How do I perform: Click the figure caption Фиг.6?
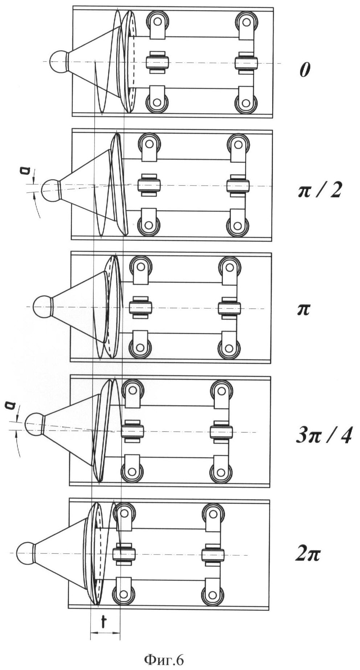pyautogui.click(x=164, y=659)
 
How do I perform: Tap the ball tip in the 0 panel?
pyautogui.click(x=58, y=61)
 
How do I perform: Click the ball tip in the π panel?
pyautogui.click(x=42, y=306)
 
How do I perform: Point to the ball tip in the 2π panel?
pyautogui.click(x=26, y=553)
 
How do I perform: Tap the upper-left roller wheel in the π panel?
pyautogui.click(x=140, y=266)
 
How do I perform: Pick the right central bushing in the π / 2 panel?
pyautogui.click(x=238, y=186)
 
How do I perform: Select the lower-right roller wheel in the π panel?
pyautogui.click(x=229, y=348)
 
